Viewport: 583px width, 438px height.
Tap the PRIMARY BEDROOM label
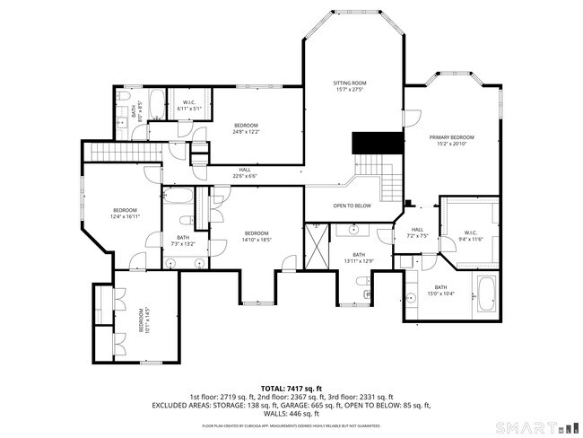tap(455, 140)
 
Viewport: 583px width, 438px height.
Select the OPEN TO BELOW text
tap(352, 206)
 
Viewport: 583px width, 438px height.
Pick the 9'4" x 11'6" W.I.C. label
tap(471, 235)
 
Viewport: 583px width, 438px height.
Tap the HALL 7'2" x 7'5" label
tap(417, 232)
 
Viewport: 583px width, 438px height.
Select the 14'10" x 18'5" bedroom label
tap(257, 237)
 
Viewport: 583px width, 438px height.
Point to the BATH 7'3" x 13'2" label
tap(182, 241)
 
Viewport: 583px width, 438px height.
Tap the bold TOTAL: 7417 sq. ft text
tap(291, 387)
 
